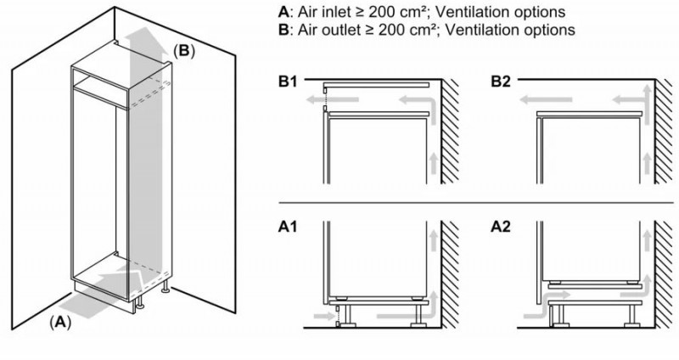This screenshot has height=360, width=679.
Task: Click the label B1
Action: pyautogui.click(x=290, y=82)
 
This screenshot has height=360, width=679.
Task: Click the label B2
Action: pyautogui.click(x=502, y=82)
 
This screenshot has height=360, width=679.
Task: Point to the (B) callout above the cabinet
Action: pyautogui.click(x=183, y=50)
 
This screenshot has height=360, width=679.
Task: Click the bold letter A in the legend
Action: pyautogui.click(x=283, y=13)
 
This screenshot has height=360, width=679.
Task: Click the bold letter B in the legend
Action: pyautogui.click(x=283, y=30)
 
